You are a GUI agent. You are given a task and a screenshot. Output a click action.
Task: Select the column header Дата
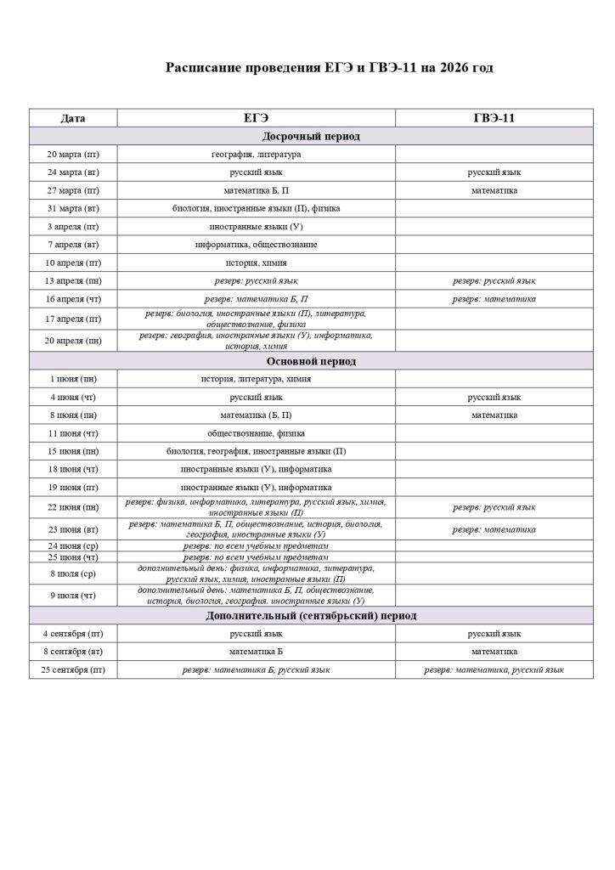click(73, 118)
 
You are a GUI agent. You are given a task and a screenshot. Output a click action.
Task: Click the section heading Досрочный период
click(298, 136)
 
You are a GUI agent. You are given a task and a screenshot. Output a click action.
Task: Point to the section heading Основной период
click(299, 361)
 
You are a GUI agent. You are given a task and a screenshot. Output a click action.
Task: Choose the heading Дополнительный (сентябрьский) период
click(299, 616)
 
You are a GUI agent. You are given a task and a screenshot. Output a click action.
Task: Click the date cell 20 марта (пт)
click(73, 155)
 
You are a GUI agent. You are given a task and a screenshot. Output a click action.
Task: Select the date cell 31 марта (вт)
click(73, 208)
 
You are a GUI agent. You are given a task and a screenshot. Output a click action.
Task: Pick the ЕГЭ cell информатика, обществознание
click(256, 245)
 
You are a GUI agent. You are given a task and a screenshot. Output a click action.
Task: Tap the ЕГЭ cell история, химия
click(256, 263)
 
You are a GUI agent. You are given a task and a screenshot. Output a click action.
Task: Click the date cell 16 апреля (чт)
click(73, 299)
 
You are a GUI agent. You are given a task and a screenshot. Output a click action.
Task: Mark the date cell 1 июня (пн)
click(73, 379)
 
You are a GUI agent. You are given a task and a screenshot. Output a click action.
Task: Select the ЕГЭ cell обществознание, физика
click(256, 433)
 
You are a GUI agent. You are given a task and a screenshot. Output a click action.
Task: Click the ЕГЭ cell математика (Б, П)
click(256, 415)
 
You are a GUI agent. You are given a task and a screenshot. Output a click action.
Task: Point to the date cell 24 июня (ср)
click(73, 545)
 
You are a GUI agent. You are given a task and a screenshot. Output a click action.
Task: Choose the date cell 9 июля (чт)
click(73, 595)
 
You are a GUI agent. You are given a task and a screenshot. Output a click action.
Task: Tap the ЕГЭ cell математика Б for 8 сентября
click(256, 652)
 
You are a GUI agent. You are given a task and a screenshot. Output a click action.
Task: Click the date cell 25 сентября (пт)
click(73, 670)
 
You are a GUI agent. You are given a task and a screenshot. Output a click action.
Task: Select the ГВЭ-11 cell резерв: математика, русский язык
click(494, 670)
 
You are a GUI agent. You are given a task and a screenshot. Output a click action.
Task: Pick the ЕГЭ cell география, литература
click(256, 155)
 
